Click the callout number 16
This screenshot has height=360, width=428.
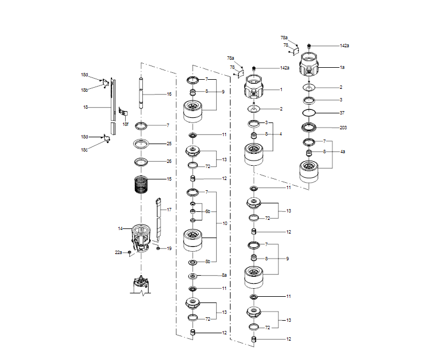[169, 94]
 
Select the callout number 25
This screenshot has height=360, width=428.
[169, 144]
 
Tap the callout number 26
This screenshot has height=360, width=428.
[169, 161]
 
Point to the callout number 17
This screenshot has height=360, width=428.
[169, 210]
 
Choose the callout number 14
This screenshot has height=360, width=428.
[120, 228]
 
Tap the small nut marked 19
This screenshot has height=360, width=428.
[159, 248]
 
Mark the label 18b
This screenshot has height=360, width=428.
[84, 90]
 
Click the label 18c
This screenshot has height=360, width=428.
[84, 150]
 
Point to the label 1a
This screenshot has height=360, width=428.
[342, 67]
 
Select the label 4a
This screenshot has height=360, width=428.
[342, 152]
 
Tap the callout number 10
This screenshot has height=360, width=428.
[225, 223]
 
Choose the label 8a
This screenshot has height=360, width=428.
[224, 275]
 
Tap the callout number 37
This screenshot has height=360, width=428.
[342, 113]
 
